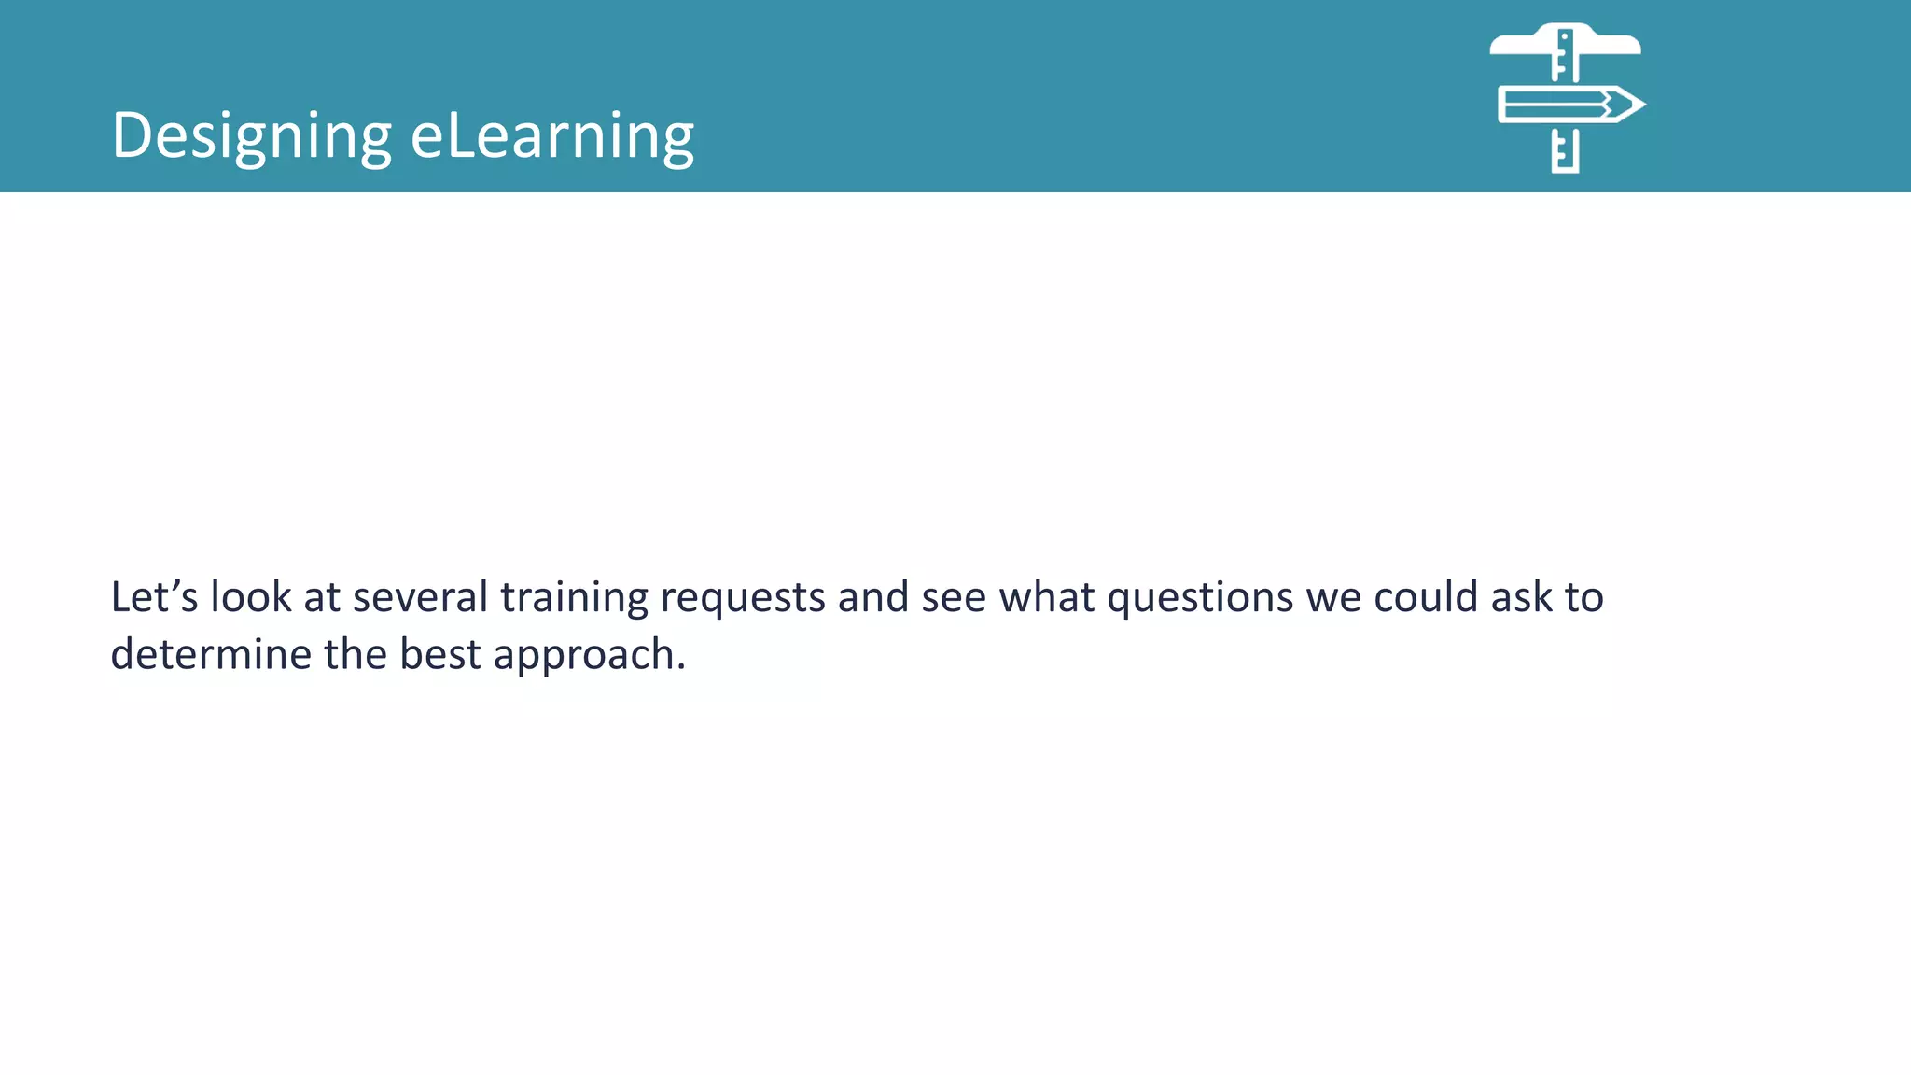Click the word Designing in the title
click(251, 136)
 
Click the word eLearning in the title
click(552, 136)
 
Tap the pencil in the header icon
click(1558, 105)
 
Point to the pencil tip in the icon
click(1631, 105)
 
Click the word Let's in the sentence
click(154, 597)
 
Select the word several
click(420, 597)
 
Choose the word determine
click(211, 654)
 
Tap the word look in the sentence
click(251, 597)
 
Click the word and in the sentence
click(873, 597)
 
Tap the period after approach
click(682, 667)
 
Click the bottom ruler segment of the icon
click(1566, 151)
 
